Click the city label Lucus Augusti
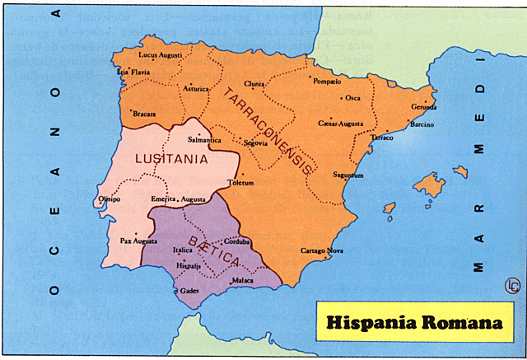pyautogui.click(x=160, y=55)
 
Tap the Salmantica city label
pyautogui.click(x=205, y=140)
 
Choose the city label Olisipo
pyautogui.click(x=109, y=199)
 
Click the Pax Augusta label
pyautogui.click(x=138, y=241)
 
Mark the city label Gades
pyautogui.click(x=189, y=291)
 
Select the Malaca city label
pyautogui.click(x=242, y=281)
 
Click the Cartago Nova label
pyautogui.click(x=320, y=250)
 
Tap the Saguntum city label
pyautogui.click(x=347, y=175)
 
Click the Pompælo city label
pyautogui.click(x=328, y=82)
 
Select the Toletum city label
pyautogui.click(x=240, y=183)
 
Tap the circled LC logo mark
pyautogui.click(x=510, y=285)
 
